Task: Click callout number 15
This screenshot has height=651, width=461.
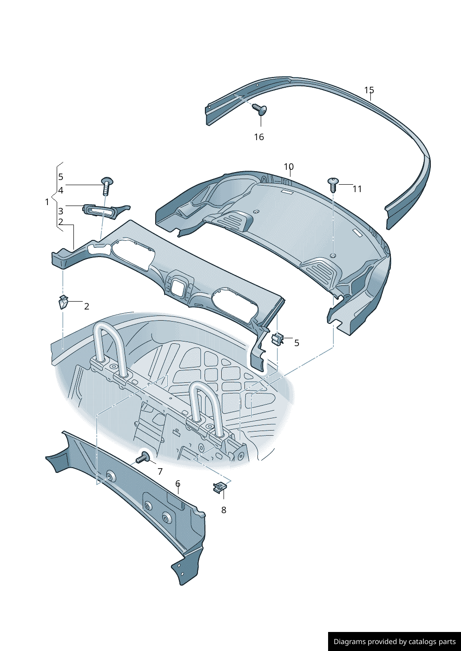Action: coord(369,90)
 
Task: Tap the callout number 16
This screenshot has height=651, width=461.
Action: coord(259,137)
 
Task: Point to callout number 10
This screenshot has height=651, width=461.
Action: coord(289,167)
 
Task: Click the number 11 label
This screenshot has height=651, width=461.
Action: coord(357,189)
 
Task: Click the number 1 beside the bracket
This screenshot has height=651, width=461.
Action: coord(47,202)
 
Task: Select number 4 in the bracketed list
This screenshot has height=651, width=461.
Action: coord(60,190)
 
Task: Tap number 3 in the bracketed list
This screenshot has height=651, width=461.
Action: coord(60,211)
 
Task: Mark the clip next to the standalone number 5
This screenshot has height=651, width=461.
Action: coord(277,339)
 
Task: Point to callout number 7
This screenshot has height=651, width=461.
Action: coord(160,471)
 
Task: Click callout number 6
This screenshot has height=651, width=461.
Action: coord(178,483)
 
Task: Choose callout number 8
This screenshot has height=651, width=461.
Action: coord(224,510)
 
